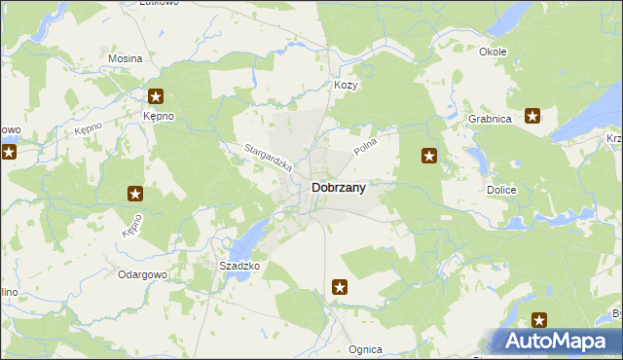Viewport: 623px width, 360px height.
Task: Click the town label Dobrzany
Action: (338, 189)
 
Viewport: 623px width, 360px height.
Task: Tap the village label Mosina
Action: (126, 58)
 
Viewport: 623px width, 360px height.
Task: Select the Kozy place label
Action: (347, 86)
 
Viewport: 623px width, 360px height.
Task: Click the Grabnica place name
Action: (490, 119)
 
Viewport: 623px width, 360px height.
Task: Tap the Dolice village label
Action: (501, 191)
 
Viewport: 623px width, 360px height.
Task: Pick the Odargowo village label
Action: (144, 275)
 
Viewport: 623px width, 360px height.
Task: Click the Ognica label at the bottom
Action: (365, 349)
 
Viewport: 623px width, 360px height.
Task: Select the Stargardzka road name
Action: (268, 159)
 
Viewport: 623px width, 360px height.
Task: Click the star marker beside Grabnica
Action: (533, 117)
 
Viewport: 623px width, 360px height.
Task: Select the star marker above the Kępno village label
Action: (156, 96)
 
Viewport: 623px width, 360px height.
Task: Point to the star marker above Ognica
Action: (339, 287)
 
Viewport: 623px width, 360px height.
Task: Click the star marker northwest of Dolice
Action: (428, 156)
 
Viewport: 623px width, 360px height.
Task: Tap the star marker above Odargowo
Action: (135, 194)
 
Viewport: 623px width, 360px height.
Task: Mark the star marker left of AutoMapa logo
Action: (538, 319)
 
